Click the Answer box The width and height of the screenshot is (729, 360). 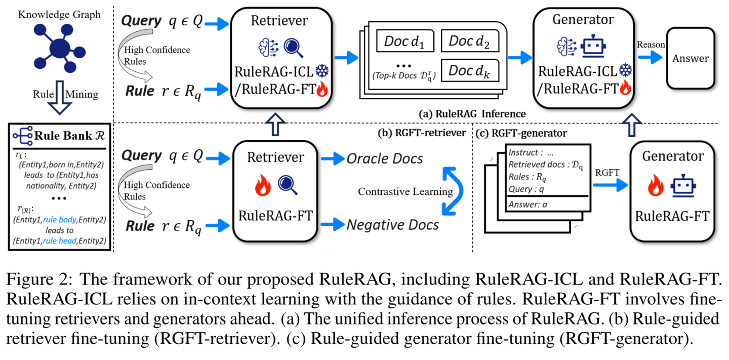coord(691,58)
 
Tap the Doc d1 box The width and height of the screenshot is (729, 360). coord(405,41)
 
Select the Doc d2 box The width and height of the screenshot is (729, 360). coord(470,41)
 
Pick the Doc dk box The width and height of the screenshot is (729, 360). coord(470,70)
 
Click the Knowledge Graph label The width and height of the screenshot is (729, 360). coord(59,15)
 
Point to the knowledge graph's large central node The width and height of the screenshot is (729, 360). coord(60,49)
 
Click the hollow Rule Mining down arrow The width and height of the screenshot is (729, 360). coord(60,97)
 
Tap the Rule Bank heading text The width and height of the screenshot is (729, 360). coord(69,135)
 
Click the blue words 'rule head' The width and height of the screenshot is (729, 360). coord(60,241)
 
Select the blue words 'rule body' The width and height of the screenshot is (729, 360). coord(60,220)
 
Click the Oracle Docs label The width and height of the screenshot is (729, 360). coord(385,159)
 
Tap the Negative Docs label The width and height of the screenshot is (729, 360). coord(392,225)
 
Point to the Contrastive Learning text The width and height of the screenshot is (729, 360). coord(406,191)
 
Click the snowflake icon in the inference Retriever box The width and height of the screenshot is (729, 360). coord(322,71)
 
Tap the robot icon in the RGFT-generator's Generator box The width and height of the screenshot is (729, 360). coord(683,186)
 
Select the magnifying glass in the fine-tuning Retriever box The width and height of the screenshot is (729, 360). coord(288,185)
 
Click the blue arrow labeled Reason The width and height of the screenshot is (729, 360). coord(650,58)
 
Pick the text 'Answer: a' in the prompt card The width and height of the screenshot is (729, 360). coord(528,205)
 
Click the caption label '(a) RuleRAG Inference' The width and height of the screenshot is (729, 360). coord(472,114)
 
